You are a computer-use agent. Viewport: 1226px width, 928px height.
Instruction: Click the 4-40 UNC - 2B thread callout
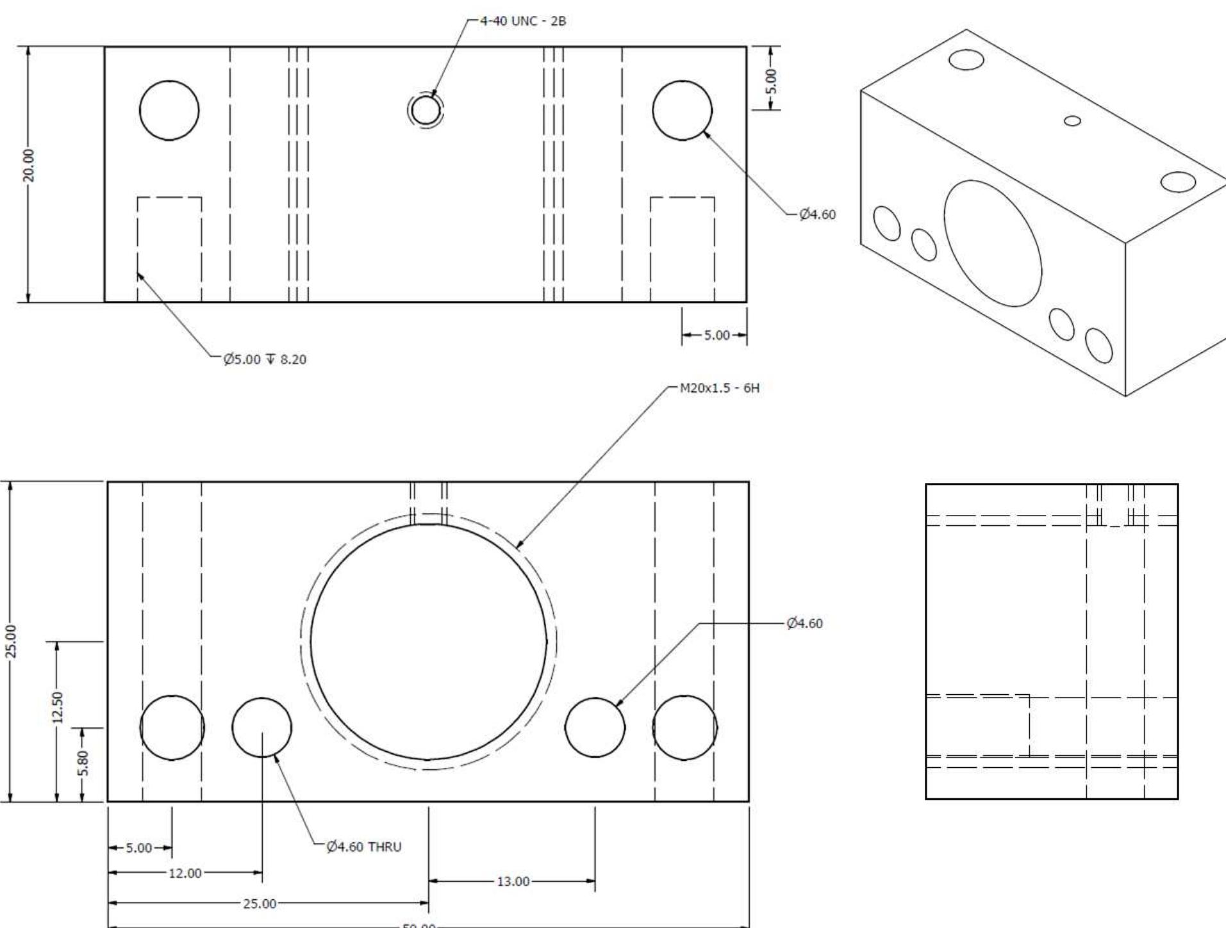click(522, 21)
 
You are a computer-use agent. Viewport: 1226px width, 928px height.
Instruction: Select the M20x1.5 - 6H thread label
click(719, 388)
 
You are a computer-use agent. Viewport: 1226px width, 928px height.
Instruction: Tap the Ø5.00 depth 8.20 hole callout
click(265, 359)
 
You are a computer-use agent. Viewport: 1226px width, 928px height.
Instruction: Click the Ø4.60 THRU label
click(363, 847)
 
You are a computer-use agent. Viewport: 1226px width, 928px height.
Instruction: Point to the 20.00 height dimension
click(29, 165)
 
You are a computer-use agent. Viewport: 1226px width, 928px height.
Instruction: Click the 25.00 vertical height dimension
click(11, 641)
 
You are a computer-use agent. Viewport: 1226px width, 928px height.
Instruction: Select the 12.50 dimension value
click(57, 706)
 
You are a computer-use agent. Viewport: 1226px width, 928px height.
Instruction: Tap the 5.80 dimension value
click(83, 763)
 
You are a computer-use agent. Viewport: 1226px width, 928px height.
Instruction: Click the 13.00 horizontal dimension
click(513, 881)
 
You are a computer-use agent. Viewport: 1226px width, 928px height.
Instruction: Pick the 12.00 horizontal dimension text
click(185, 873)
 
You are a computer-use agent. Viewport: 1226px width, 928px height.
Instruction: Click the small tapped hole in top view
click(425, 110)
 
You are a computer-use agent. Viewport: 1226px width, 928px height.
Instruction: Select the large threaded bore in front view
click(428, 641)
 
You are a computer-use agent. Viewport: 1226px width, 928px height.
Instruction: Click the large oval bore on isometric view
click(992, 243)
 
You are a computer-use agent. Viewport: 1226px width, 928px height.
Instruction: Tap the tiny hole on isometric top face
click(1072, 120)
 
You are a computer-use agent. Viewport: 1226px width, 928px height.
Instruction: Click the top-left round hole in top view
click(169, 110)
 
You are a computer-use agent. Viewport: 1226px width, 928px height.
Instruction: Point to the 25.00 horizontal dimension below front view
click(259, 904)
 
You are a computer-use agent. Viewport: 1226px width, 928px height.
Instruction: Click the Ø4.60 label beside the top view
click(817, 215)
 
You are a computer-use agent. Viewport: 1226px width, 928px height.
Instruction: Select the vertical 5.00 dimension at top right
click(772, 81)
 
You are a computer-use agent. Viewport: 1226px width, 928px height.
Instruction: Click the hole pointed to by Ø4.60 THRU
click(261, 728)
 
